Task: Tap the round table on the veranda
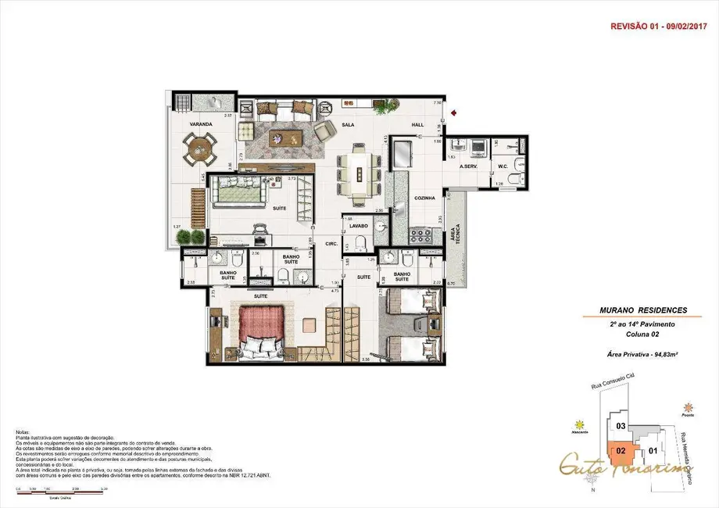pos(201,147)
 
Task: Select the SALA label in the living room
pos(349,124)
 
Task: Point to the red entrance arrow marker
pos(455,112)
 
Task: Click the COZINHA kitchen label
pos(424,198)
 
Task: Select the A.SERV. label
pos(469,166)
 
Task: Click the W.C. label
pos(504,166)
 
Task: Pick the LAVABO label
pos(359,226)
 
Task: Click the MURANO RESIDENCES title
pos(632,311)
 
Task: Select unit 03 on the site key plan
pos(621,426)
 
